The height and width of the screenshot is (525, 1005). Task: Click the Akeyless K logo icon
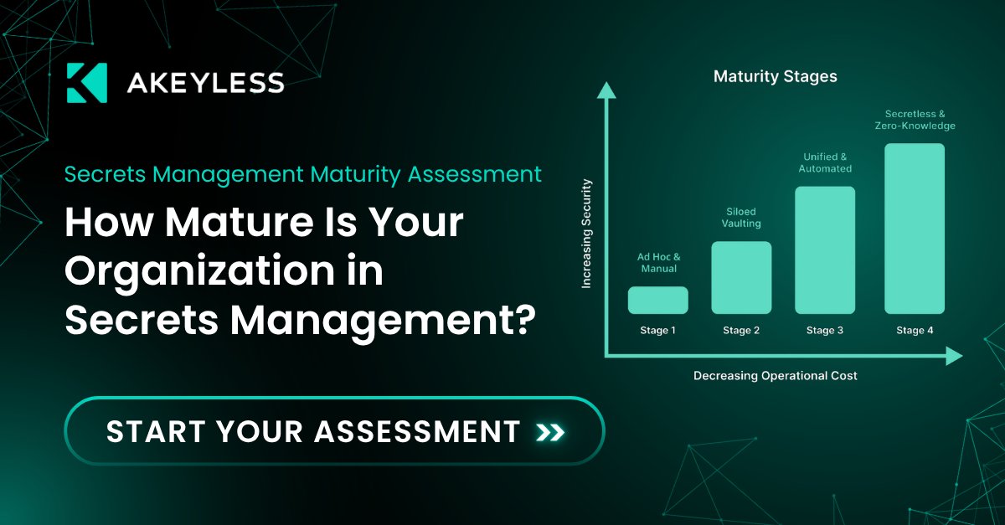coord(86,82)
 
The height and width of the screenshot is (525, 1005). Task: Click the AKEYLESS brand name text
coord(205,83)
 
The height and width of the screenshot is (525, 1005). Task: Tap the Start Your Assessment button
coord(334,431)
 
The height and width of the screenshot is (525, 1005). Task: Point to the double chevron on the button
coord(550,432)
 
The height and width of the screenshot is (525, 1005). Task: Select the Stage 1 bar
coord(657,300)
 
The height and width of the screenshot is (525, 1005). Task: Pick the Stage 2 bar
coord(741,277)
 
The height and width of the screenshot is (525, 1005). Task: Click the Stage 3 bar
coord(825,250)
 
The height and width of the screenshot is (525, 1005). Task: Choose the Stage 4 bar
coord(915,229)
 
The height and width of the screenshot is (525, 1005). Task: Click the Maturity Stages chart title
coord(775,77)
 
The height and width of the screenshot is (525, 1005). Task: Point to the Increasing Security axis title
coord(586,234)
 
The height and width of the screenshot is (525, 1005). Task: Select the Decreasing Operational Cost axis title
coord(775,376)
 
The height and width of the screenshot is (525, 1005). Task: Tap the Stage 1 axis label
coord(657,331)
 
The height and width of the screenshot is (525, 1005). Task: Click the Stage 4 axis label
coord(915,331)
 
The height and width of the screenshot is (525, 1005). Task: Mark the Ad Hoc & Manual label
coord(657,263)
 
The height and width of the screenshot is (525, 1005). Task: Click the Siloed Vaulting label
coord(741,219)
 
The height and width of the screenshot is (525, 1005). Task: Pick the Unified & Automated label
coord(827,162)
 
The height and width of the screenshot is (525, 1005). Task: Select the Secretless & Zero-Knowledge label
coord(920,120)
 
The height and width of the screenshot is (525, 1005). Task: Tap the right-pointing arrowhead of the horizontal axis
coord(954,358)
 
